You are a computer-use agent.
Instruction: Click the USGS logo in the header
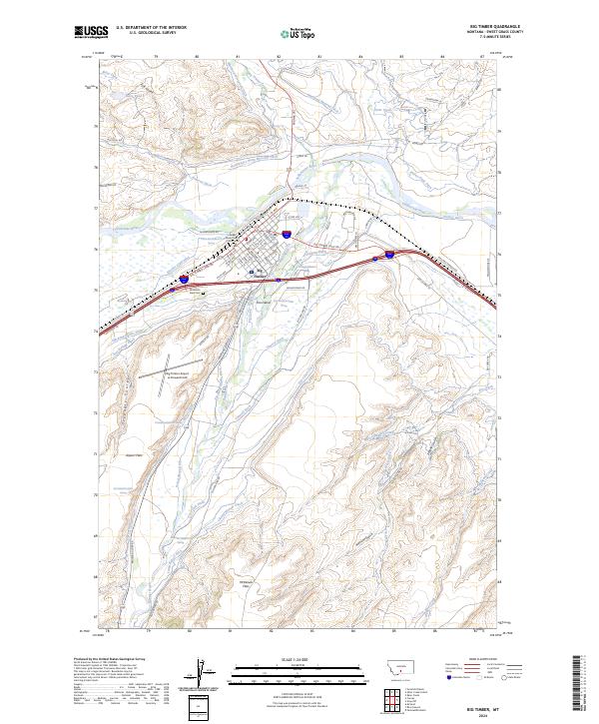click(x=92, y=32)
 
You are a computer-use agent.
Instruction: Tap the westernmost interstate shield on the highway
click(x=184, y=281)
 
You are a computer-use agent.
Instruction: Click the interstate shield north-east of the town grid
click(x=287, y=236)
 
